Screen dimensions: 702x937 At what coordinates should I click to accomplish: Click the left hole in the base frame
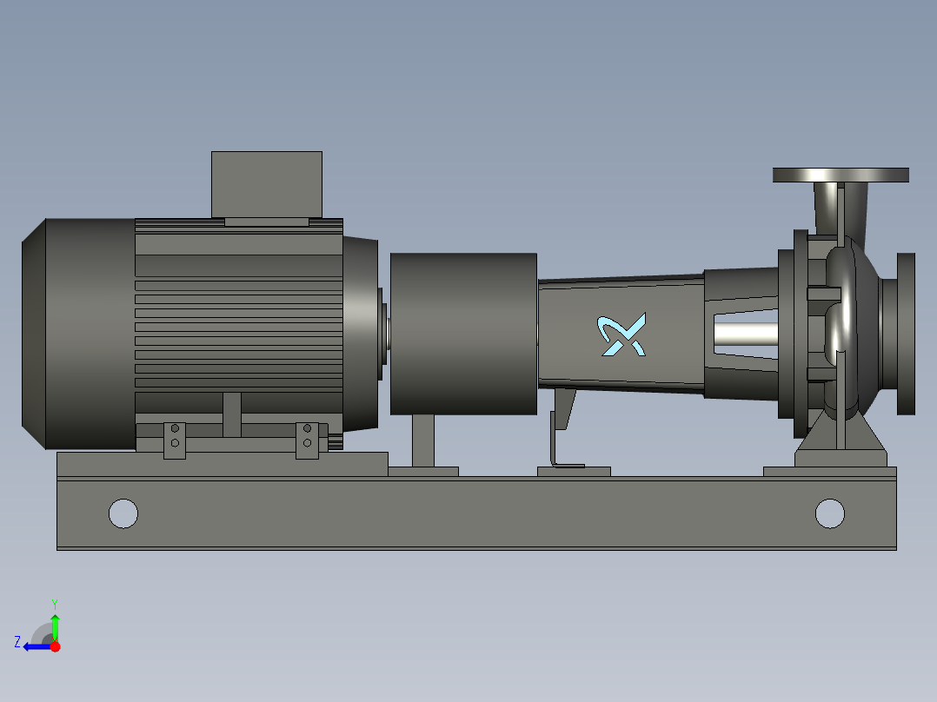[x=123, y=513]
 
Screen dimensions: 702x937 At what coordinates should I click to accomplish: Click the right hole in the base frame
[x=830, y=513]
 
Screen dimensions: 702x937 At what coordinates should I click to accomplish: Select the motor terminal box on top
[x=267, y=184]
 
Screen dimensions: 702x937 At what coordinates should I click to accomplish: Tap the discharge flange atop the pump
[x=841, y=175]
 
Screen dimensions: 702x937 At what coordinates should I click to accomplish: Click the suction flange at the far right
[x=905, y=334]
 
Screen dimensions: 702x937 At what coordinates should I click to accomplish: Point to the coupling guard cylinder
[x=463, y=334]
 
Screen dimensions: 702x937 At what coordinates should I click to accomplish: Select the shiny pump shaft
[x=746, y=334]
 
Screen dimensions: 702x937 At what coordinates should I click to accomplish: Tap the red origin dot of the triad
[x=55, y=646]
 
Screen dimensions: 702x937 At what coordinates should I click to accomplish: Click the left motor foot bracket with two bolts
[x=175, y=440]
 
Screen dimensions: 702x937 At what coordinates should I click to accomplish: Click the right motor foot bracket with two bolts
[x=307, y=440]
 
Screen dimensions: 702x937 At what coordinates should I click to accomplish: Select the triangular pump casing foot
[x=841, y=439]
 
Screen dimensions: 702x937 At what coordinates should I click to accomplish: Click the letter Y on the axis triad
[x=54, y=603]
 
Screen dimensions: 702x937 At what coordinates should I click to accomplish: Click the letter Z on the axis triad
[x=17, y=642]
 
